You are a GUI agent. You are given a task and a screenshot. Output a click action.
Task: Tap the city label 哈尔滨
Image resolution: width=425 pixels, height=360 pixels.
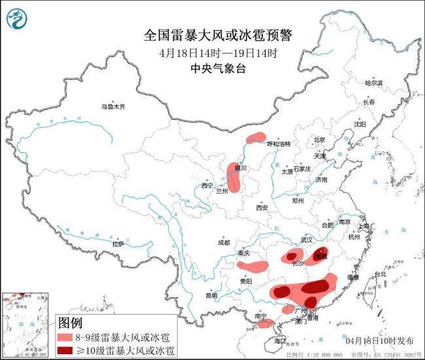tap(375, 83)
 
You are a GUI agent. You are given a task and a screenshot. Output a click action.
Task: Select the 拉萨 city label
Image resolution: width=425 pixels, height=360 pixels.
tap(118, 243)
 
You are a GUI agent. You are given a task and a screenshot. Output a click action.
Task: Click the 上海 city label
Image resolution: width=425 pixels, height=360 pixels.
tap(364, 225)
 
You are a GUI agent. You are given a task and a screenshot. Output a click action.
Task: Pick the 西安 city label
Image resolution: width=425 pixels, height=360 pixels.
tap(262, 207)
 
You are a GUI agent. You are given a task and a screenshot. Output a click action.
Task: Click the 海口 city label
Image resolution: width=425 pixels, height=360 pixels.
tap(280, 341)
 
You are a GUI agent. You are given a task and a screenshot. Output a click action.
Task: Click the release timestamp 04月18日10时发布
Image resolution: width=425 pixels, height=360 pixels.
tap(379, 341)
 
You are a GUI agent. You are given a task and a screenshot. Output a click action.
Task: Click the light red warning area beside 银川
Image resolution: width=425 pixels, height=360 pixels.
tap(233, 177)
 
